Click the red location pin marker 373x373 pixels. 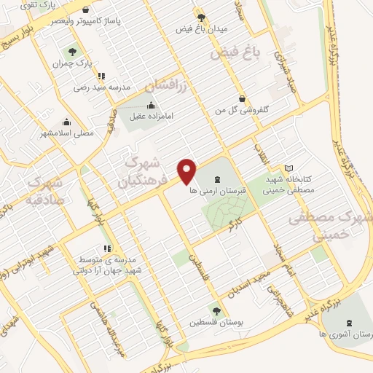(x=188, y=170)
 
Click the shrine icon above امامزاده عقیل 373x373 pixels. (x=151, y=105)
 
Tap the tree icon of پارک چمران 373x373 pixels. (x=72, y=51)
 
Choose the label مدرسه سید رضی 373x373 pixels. (x=101, y=87)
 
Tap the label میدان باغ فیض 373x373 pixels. (x=203, y=29)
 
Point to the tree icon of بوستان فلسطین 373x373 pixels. (x=216, y=310)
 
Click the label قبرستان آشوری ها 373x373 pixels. (x=345, y=334)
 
